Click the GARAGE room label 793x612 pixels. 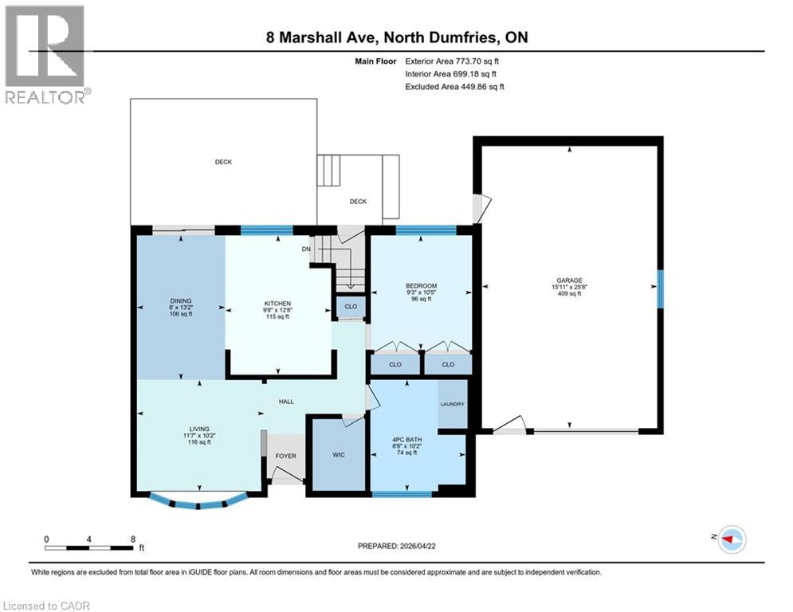coord(567,280)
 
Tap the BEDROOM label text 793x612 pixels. coord(421,286)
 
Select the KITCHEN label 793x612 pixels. coord(277,303)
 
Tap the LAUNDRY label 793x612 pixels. coord(452,404)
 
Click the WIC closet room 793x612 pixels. coord(338,456)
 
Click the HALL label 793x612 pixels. coord(286,402)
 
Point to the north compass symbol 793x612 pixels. coord(731,539)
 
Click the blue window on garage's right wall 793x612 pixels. coord(660,284)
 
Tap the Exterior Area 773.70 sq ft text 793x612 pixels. coord(453,61)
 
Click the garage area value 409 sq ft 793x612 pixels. coord(567,294)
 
